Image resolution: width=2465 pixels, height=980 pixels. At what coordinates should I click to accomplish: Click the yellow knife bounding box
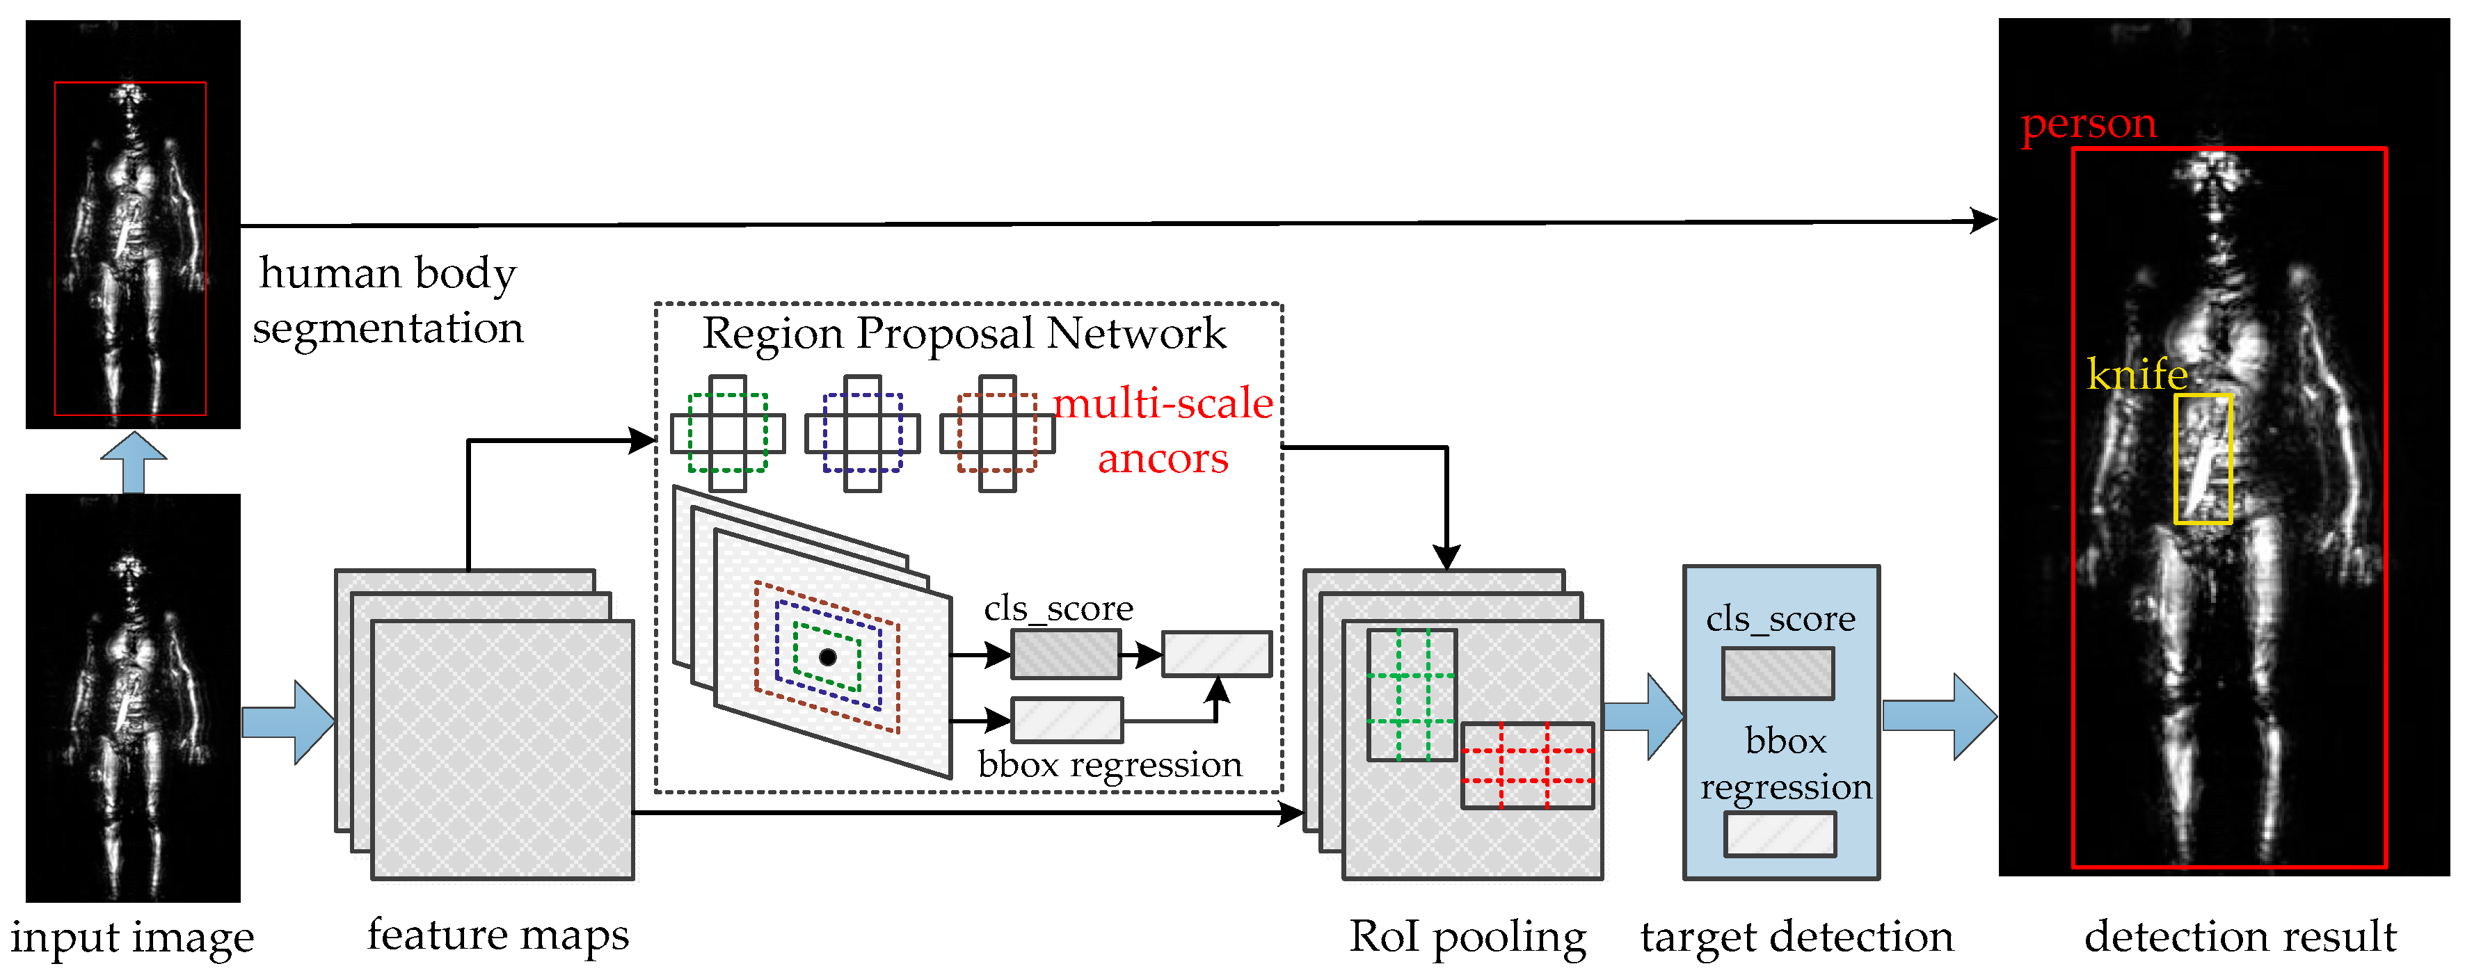click(2203, 458)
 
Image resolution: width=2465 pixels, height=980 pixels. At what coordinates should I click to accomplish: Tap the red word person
click(2088, 124)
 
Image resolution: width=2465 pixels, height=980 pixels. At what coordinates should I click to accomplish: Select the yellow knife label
click(2136, 373)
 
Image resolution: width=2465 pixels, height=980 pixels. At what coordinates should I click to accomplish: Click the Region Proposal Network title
click(964, 334)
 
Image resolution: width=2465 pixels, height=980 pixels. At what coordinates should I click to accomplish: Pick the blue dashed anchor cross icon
click(862, 433)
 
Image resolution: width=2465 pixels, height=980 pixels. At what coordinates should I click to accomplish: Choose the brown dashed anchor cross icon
click(997, 433)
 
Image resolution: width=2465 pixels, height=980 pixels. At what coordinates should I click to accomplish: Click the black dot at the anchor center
click(828, 657)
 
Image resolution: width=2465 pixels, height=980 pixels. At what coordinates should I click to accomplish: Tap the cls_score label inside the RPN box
click(1058, 609)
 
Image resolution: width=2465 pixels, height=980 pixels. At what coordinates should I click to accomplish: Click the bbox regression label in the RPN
click(1110, 764)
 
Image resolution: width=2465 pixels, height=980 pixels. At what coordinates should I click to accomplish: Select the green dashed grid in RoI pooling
click(1412, 695)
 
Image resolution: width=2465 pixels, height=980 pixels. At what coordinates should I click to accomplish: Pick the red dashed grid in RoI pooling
click(1527, 766)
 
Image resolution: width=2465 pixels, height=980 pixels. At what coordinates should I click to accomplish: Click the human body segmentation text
click(388, 300)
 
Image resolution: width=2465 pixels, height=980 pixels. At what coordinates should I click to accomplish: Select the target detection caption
click(1796, 936)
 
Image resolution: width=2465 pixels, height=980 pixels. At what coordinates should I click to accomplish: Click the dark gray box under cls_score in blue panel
click(1777, 673)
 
